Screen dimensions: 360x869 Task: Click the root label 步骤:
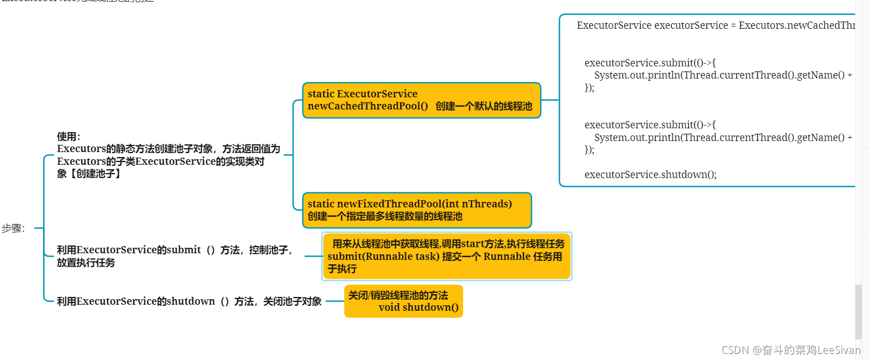(x=13, y=228)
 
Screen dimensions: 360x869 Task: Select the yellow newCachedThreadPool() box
(x=421, y=100)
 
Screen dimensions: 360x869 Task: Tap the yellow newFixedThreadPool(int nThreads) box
(x=417, y=210)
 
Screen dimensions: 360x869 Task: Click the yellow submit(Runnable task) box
(x=446, y=256)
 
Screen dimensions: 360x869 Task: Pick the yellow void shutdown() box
(x=404, y=301)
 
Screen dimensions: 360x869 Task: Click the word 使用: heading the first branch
(x=69, y=137)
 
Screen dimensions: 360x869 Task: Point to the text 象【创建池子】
(x=89, y=174)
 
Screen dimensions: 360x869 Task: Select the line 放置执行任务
(x=86, y=263)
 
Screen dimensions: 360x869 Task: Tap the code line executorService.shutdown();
(x=650, y=175)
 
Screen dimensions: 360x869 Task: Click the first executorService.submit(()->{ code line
(x=650, y=63)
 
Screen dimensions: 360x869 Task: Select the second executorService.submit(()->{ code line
(x=650, y=125)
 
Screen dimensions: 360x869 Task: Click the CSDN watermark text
(x=791, y=350)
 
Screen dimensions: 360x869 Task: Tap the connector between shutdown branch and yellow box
(x=334, y=301)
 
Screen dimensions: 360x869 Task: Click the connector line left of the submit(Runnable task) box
(x=313, y=257)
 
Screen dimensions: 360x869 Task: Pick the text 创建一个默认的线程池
(x=484, y=106)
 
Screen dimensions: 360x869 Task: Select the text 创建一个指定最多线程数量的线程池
(x=385, y=216)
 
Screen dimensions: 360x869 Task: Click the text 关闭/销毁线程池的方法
(x=398, y=295)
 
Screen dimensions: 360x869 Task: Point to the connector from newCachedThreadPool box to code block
(x=550, y=100)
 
